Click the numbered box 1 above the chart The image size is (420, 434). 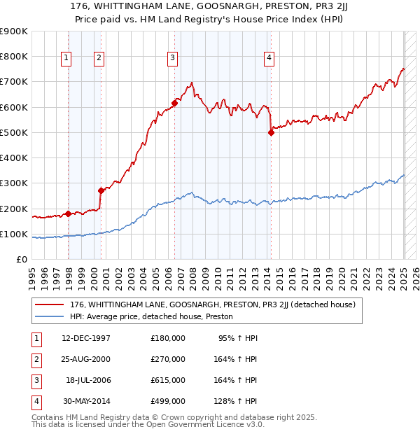(66, 59)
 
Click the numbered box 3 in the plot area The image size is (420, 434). (171, 59)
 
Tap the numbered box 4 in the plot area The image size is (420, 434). (269, 59)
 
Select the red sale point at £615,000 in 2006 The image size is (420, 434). (174, 104)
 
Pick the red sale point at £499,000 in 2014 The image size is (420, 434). (271, 133)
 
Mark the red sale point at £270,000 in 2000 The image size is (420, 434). (101, 190)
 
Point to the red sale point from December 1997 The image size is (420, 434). (68, 213)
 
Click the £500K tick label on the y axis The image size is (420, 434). (14, 132)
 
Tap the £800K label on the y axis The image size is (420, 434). (14, 56)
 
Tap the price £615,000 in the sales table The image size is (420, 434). (168, 380)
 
